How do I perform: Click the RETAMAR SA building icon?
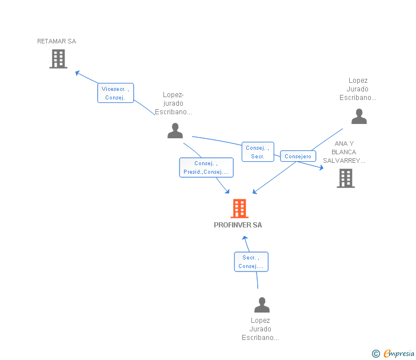(58, 59)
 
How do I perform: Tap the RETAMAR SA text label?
(57, 41)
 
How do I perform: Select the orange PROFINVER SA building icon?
(239, 209)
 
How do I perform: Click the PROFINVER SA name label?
(238, 225)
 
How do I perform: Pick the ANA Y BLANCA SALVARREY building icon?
(345, 178)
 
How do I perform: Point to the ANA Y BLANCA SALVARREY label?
(344, 152)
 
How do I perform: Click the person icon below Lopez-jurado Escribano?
(175, 131)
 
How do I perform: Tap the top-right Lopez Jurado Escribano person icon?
(359, 117)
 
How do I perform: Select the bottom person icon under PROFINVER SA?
(262, 305)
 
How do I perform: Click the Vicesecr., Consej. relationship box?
(115, 93)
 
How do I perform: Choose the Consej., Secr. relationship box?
(258, 152)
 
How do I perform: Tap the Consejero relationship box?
(298, 156)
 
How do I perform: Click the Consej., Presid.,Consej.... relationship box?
(206, 167)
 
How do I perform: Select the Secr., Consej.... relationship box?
(251, 262)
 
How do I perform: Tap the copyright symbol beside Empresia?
(376, 354)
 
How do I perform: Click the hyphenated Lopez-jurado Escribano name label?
(173, 103)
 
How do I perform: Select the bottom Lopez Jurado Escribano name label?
(260, 329)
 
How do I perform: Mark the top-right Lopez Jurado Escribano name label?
(358, 89)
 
